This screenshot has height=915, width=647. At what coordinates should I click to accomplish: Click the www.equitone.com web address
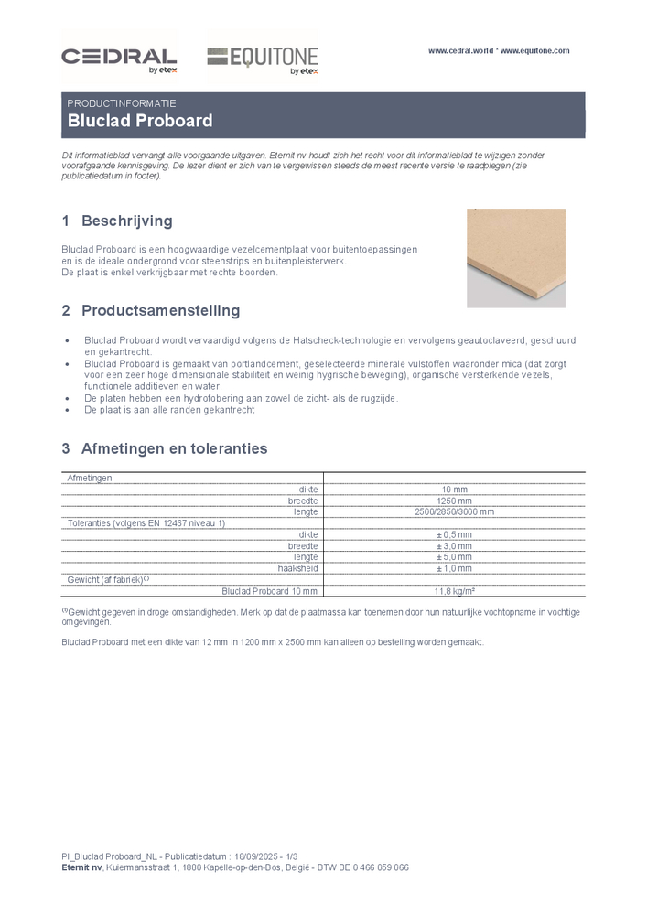(535, 51)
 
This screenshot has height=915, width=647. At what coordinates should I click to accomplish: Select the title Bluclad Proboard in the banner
(140, 121)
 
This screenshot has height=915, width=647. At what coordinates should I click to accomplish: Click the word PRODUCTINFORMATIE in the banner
(122, 103)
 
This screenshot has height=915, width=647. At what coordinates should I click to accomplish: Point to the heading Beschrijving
(126, 221)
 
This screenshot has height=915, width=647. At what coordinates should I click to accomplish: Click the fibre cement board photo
(515, 257)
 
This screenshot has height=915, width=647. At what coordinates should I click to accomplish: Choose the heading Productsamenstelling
(160, 311)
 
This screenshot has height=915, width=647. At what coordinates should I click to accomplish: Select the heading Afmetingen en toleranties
(174, 449)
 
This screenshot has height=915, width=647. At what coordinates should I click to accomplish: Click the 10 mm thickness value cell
(454, 490)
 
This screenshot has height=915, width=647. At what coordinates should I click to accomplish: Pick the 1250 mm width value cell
(454, 501)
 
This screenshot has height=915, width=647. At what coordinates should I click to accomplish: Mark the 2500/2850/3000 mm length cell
(454, 511)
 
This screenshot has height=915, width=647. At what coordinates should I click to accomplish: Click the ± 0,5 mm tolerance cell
(454, 534)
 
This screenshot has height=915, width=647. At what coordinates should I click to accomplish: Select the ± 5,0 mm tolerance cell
(454, 557)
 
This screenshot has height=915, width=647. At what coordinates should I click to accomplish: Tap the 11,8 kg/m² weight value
(454, 591)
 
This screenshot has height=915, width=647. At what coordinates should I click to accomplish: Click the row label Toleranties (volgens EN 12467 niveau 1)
(146, 522)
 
